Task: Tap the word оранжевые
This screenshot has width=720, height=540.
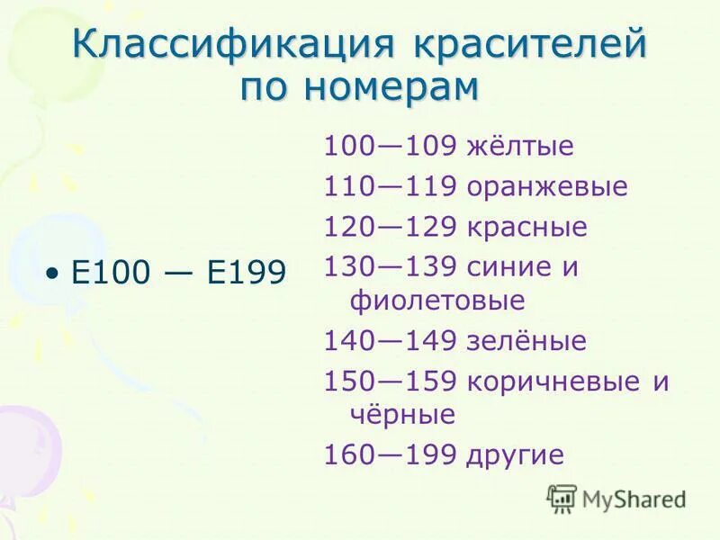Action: point(546,187)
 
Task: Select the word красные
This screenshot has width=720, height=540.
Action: point(526,227)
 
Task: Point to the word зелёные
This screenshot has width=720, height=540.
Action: point(526,341)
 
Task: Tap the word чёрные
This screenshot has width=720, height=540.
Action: point(401,414)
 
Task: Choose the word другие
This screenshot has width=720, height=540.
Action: point(515,455)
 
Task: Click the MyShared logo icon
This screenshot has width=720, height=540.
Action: point(562,498)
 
